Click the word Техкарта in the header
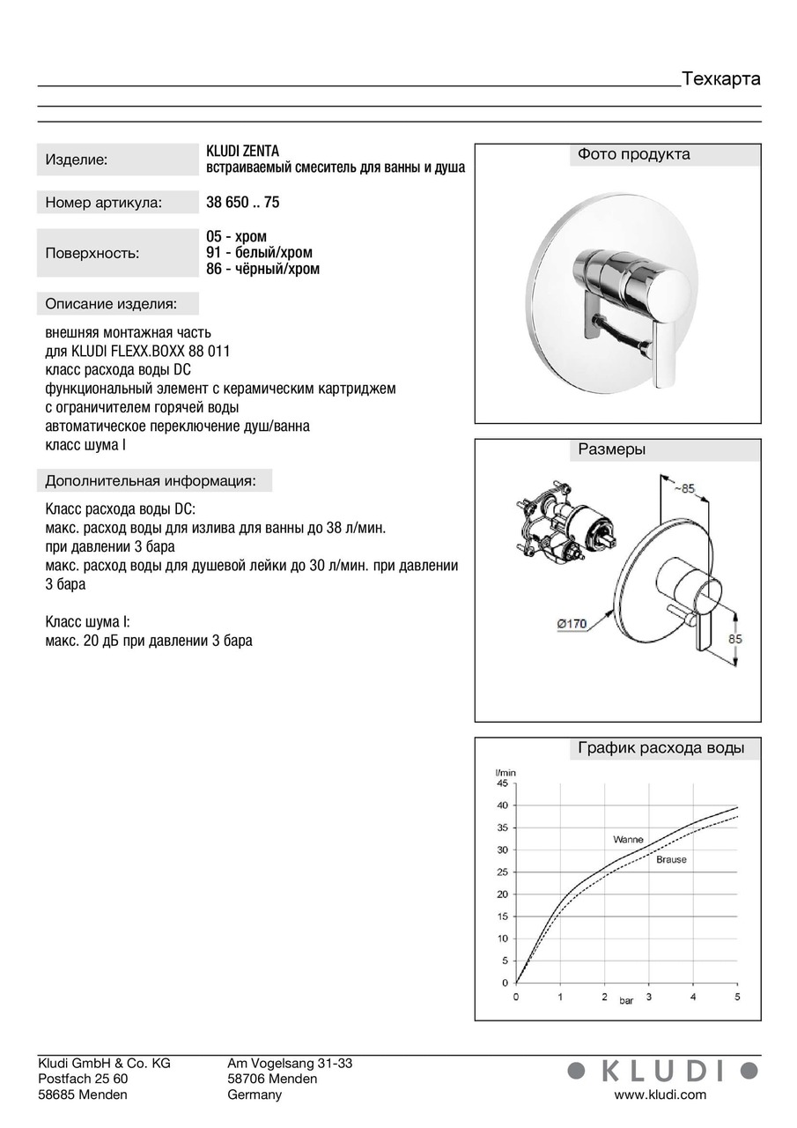pyautogui.click(x=720, y=79)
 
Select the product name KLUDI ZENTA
pyautogui.click(x=242, y=151)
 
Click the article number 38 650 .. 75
pyautogui.click(x=242, y=202)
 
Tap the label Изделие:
pyautogui.click(x=76, y=160)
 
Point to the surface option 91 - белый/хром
pyautogui.click(x=259, y=253)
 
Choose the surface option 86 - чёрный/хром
pyautogui.click(x=262, y=269)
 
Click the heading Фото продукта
pyautogui.click(x=633, y=155)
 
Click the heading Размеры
pyautogui.click(x=611, y=449)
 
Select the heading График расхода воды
pyautogui.click(x=660, y=749)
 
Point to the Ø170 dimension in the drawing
pyautogui.click(x=572, y=625)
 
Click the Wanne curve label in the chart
pyautogui.click(x=628, y=840)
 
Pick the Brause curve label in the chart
pyautogui.click(x=671, y=859)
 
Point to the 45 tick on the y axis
pyautogui.click(x=502, y=783)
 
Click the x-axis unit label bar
pyautogui.click(x=626, y=1001)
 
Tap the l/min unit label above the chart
pyautogui.click(x=506, y=773)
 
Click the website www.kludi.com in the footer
pyautogui.click(x=660, y=1095)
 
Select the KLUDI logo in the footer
pyautogui.click(x=662, y=1071)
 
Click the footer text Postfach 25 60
pyautogui.click(x=83, y=1079)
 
